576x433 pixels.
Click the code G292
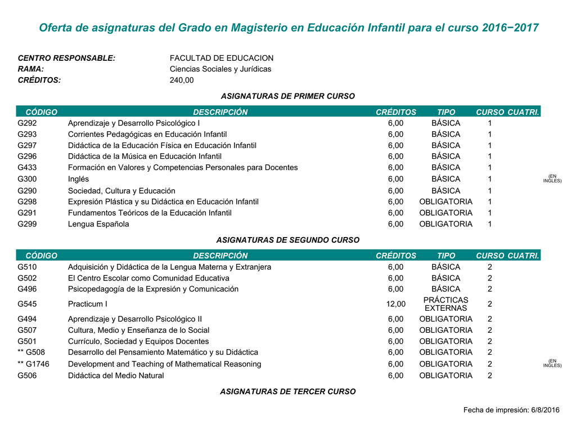point(26,123)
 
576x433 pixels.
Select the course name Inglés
point(78,179)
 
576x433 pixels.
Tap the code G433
point(26,168)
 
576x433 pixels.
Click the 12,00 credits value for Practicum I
point(395,305)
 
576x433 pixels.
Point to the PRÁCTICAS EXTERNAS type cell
point(445,305)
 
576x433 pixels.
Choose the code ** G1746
point(33,364)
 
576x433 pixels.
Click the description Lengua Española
point(98,224)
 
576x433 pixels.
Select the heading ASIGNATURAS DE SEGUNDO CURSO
point(287,240)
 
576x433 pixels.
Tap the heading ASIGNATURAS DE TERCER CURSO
point(287,391)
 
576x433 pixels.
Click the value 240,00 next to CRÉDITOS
point(182,80)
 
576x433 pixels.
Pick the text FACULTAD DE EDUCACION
point(222,58)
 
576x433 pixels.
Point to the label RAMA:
point(31,69)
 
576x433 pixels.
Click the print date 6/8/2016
point(545,410)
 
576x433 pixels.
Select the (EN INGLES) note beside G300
point(552,178)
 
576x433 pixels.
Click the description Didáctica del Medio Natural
point(116,376)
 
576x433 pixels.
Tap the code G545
point(26,305)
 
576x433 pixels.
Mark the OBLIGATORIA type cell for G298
point(445,202)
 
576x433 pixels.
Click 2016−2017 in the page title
point(510,28)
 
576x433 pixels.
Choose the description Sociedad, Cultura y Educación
point(121,191)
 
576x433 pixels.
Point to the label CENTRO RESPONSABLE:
point(66,58)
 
